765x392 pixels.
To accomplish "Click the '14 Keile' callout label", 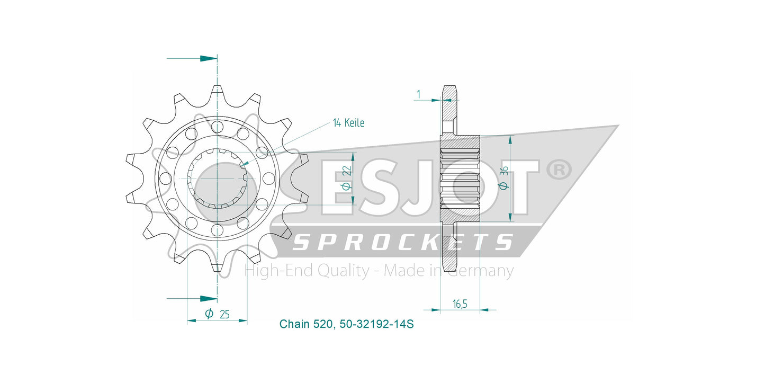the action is (x=349, y=123).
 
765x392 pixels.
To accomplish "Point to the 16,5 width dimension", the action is (x=460, y=304).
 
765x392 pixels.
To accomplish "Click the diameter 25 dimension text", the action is (x=217, y=314).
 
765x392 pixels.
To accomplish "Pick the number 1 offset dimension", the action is (x=419, y=94).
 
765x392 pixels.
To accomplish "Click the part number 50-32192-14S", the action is (x=376, y=324).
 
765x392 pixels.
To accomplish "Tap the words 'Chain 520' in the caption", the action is (x=306, y=324).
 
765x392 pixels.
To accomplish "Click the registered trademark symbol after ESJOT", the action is (x=559, y=170).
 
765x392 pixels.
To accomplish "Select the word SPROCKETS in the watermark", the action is (x=403, y=242).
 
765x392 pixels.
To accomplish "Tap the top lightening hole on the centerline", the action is (x=217, y=127).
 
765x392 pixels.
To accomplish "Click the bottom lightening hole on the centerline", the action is (x=217, y=230).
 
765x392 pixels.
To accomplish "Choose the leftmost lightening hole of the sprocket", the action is (x=165, y=178).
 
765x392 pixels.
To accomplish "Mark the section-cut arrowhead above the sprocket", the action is (x=209, y=58).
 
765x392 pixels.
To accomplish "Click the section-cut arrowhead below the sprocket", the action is (x=209, y=299).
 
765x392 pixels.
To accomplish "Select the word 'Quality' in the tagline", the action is (x=343, y=271).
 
